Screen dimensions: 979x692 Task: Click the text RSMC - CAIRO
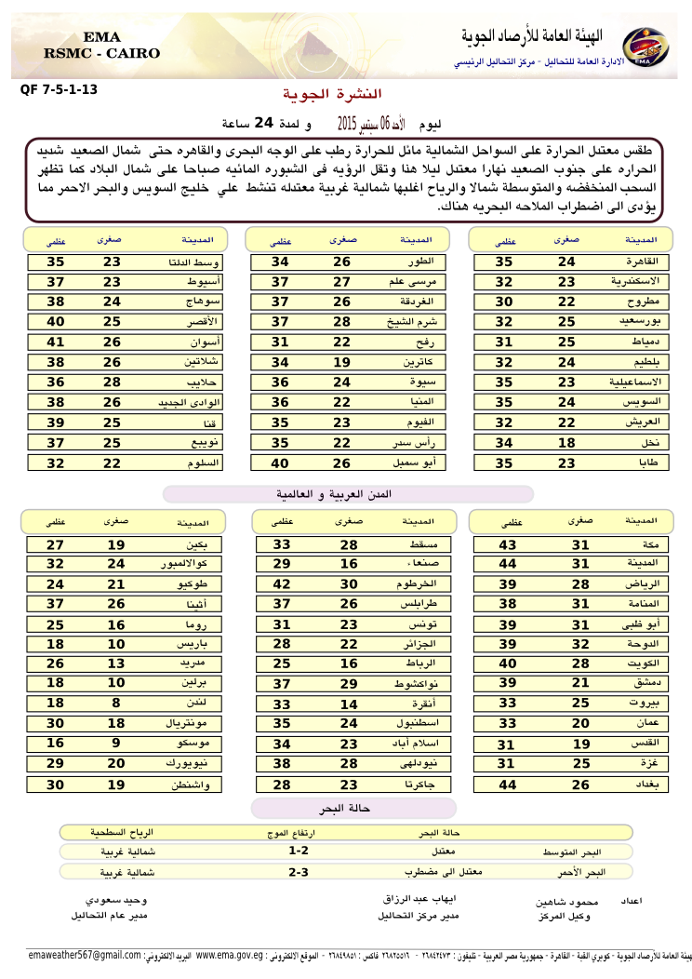(x=102, y=54)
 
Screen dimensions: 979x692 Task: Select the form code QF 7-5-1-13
(x=58, y=90)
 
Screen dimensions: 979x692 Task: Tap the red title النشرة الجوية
(x=332, y=94)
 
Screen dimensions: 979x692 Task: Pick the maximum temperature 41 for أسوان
(x=57, y=342)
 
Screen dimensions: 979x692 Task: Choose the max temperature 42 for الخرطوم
(x=283, y=583)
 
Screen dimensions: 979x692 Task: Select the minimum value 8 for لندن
(x=116, y=704)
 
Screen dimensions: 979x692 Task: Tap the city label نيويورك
(x=197, y=764)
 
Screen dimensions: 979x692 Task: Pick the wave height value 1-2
(x=299, y=851)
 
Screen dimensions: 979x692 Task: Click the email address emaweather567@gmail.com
(x=85, y=956)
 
